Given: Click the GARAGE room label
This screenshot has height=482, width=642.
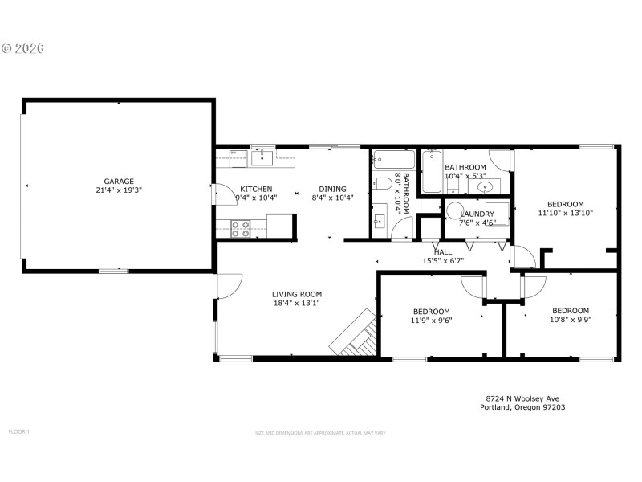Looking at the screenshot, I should (x=118, y=181).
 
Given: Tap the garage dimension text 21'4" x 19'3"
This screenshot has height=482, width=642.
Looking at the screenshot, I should (x=118, y=190).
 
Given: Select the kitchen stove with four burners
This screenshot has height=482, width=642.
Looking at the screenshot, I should (x=240, y=229).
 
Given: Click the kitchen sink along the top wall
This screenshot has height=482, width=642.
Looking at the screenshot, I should (x=262, y=158).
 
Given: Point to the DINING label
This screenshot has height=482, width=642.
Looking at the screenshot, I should (x=332, y=189).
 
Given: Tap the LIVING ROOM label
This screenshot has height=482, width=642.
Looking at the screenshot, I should (x=296, y=294).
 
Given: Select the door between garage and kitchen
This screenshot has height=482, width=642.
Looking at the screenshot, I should (x=218, y=195).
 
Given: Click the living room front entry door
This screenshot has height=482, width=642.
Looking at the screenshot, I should (x=228, y=285).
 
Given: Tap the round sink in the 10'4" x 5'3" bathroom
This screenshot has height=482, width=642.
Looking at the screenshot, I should (x=485, y=188).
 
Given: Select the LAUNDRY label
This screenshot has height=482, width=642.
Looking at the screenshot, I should (x=477, y=214).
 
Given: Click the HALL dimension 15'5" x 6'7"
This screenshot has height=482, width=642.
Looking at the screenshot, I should (x=443, y=260).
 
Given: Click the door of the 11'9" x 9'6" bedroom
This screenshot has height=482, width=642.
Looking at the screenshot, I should (x=473, y=286).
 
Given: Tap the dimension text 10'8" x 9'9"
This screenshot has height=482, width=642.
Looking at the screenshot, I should (x=570, y=321).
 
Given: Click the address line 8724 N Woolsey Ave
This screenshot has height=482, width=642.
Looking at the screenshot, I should (x=522, y=398).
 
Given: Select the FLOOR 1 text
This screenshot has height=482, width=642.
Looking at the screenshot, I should (x=18, y=432).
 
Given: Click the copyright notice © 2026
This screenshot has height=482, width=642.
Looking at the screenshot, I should (x=22, y=48).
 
